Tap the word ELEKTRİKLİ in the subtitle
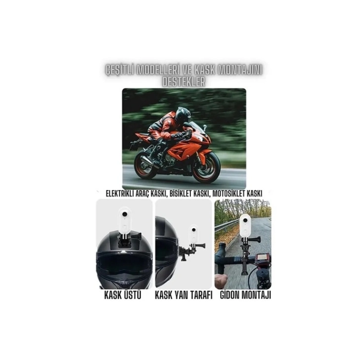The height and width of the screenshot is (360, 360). pos(124,193)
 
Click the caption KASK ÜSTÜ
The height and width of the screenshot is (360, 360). pos(123,295)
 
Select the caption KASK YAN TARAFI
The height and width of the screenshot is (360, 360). pos(184,296)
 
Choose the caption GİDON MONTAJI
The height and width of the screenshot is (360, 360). pos(245,295)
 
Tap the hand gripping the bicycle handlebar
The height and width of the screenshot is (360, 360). pos(221,280)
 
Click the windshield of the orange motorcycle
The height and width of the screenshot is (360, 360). pos(198,125)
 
